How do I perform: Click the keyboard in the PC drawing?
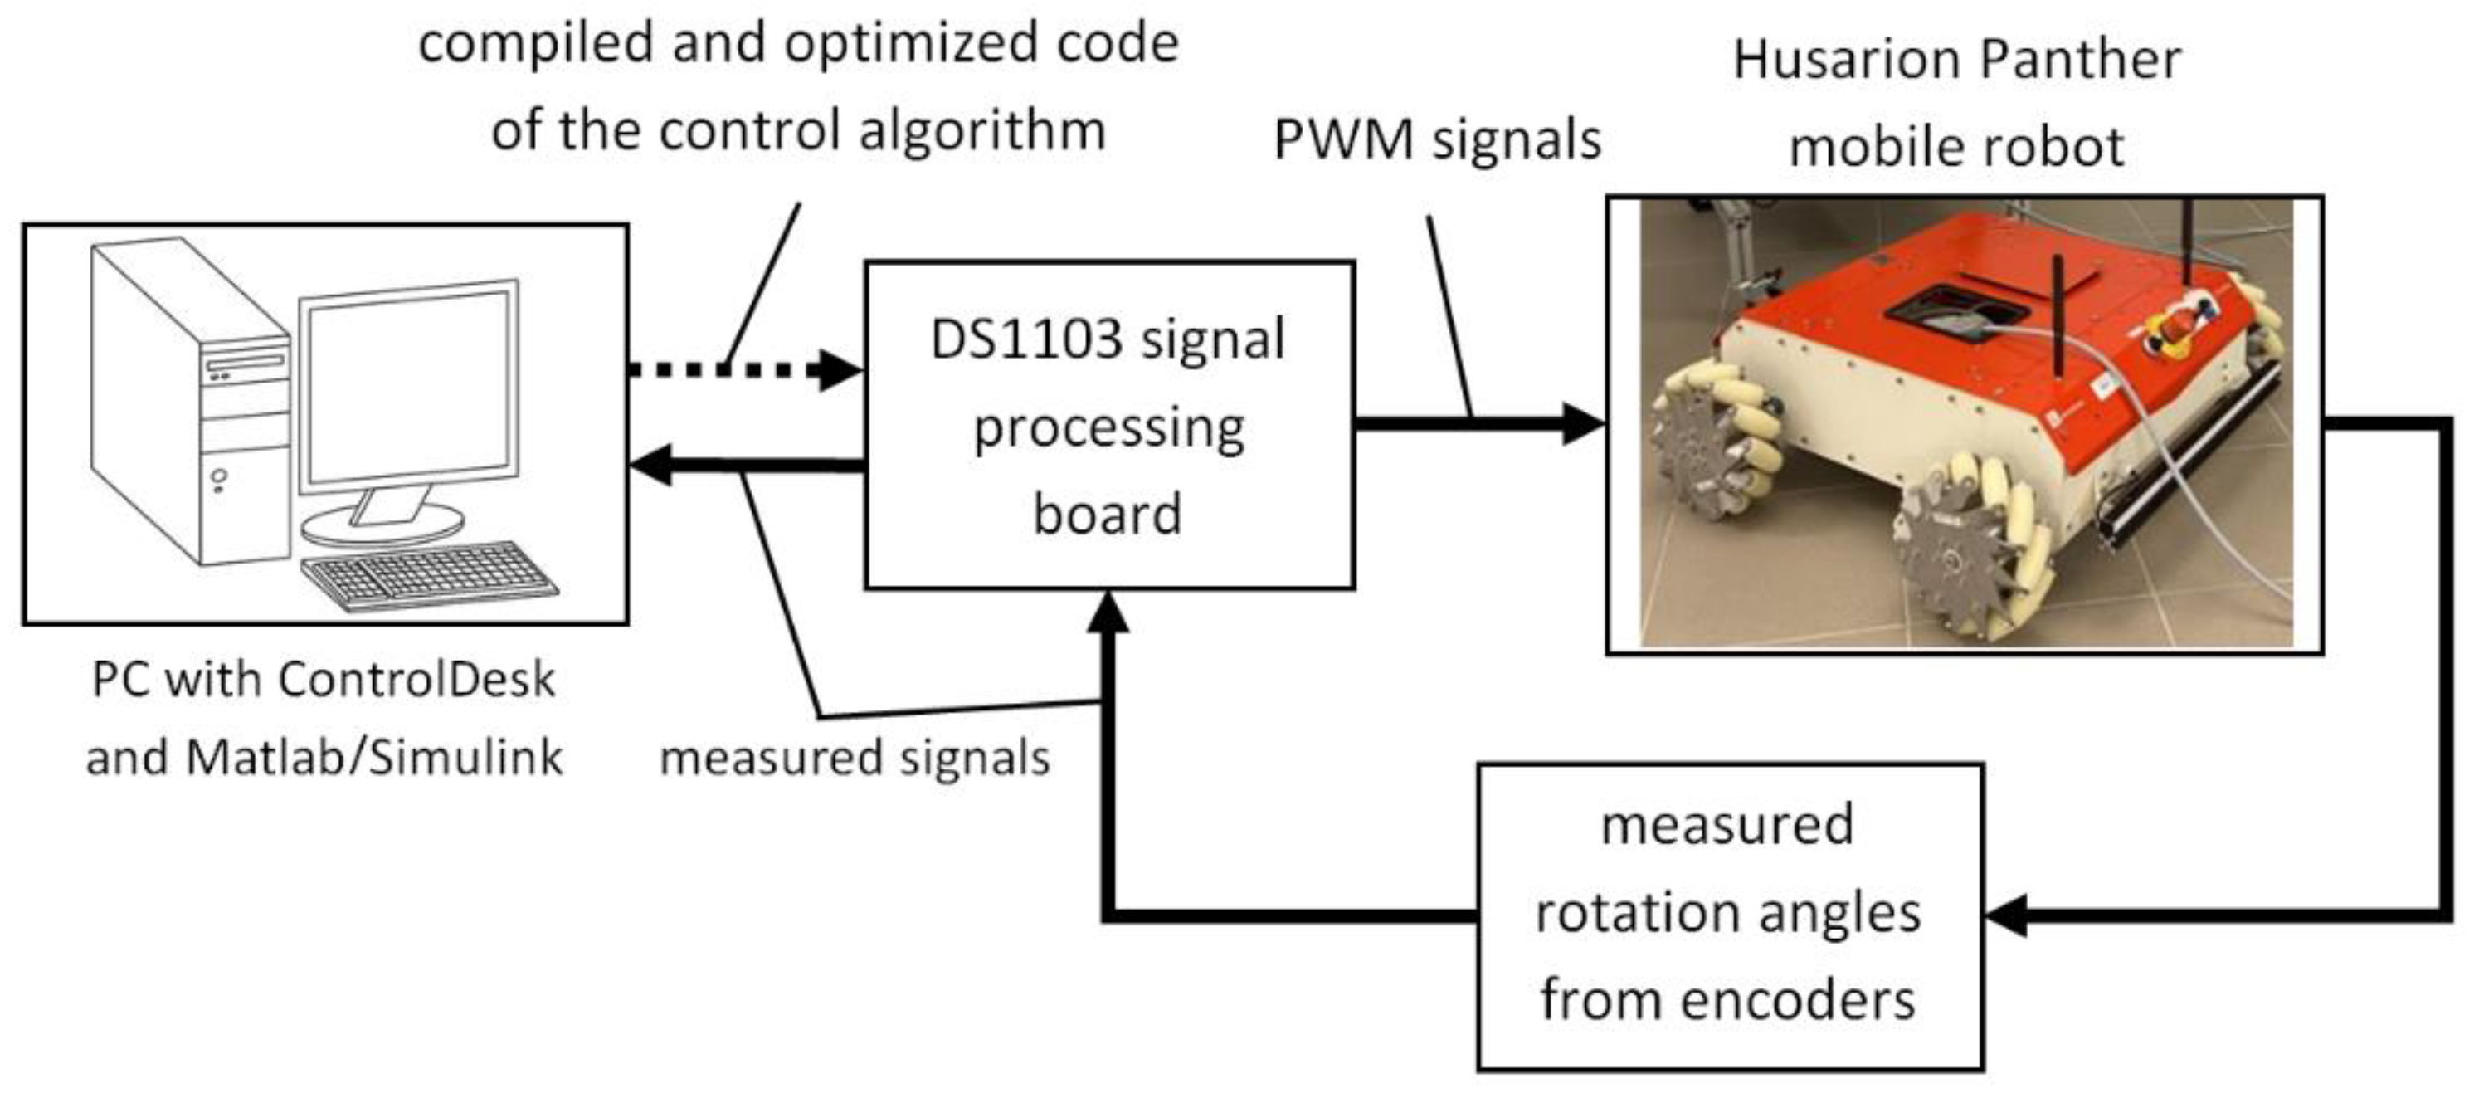pyautogui.click(x=428, y=574)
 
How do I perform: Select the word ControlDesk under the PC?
pyautogui.click(x=416, y=680)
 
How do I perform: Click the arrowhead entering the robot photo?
pyautogui.click(x=1583, y=423)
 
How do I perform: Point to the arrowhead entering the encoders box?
pyautogui.click(x=2006, y=915)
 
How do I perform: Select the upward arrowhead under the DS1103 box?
pyautogui.click(x=1108, y=611)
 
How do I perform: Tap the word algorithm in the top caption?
pyautogui.click(x=981, y=130)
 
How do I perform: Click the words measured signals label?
pyautogui.click(x=855, y=758)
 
